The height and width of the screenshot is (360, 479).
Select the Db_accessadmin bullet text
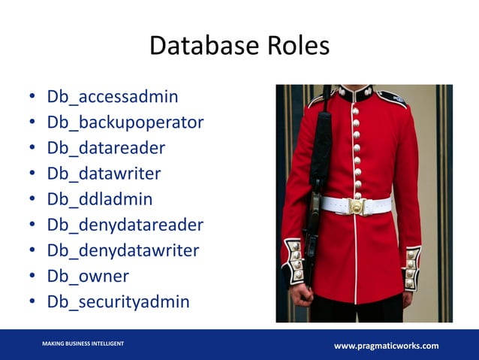point(113,97)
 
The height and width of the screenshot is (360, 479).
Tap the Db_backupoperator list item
point(125,123)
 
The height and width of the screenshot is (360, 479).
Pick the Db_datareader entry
point(106,148)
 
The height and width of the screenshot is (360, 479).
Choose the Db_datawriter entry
point(104,174)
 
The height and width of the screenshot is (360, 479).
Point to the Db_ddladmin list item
point(100,199)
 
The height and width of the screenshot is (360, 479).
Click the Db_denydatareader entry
point(125,225)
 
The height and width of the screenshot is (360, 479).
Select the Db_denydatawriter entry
point(122,250)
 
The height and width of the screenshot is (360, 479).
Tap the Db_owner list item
point(88,276)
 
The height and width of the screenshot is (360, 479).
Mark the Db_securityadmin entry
point(118,301)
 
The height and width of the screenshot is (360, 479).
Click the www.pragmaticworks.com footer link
point(386,346)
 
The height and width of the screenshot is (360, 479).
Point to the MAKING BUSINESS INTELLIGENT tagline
point(83,343)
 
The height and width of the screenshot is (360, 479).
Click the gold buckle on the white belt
point(357,205)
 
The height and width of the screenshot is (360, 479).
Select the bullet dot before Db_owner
point(32,277)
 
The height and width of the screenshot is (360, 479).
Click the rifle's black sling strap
point(321,143)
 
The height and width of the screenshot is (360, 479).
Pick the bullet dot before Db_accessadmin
point(32,98)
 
